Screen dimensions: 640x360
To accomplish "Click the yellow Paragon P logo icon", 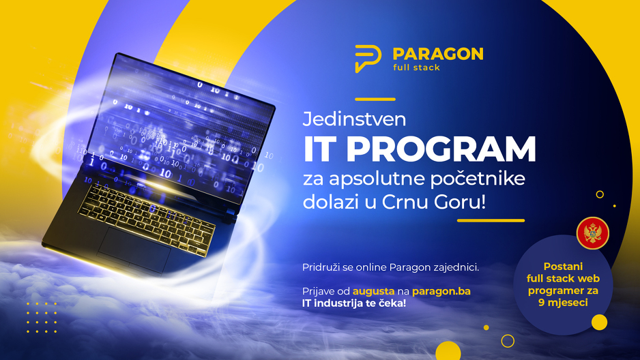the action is pos(368,59).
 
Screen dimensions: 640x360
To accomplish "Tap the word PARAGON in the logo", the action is pos(438,54).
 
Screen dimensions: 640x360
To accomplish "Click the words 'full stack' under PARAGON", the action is pos(416,67).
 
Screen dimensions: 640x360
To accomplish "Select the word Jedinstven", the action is pos(354,119).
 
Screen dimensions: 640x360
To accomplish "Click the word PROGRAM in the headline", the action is pos(441,149).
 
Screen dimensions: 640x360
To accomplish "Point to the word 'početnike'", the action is pos(478,179).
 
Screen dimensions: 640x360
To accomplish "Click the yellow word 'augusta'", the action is pos(373,292).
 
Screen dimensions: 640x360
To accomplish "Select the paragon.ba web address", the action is pos(441,292).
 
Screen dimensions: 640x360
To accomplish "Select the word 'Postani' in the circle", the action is pos(564,266).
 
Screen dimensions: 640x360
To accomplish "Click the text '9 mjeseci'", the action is pos(564,303).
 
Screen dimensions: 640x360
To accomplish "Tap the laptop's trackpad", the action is pos(134,249).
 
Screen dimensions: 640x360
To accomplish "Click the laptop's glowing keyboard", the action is pos(147,220).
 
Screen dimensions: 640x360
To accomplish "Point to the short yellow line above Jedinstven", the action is pos(375,99).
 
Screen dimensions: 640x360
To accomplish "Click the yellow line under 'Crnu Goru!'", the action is pos(491,220).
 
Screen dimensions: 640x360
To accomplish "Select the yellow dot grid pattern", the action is pos(42,318).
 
